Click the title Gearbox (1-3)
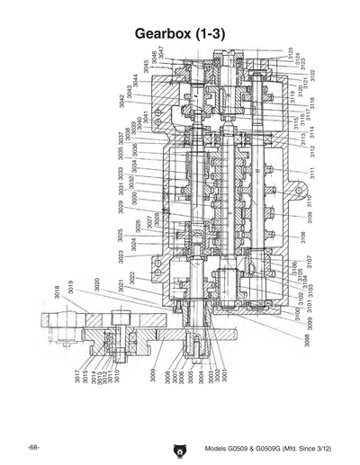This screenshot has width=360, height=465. (179, 32)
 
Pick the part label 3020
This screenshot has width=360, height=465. (96, 285)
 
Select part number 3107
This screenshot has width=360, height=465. (309, 262)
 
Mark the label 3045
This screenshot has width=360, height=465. (144, 67)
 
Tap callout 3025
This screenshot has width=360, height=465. (120, 236)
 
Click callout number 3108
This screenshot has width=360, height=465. (302, 237)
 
